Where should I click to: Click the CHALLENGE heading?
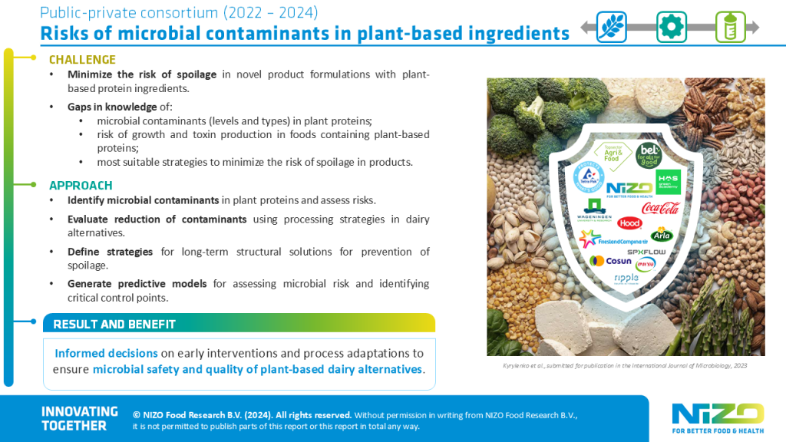82,60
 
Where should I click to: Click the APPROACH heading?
81,186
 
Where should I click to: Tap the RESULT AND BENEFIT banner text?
114,325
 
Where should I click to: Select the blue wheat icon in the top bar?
612,27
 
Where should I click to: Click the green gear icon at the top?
671,27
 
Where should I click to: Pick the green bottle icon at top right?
730,27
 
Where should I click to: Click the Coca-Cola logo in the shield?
660,208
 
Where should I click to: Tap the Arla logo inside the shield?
662,234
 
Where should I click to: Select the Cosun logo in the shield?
611,260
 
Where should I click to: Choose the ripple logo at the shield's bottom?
626,278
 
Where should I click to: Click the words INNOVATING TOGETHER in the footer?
79,418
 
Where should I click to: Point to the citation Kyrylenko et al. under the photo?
518,366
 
